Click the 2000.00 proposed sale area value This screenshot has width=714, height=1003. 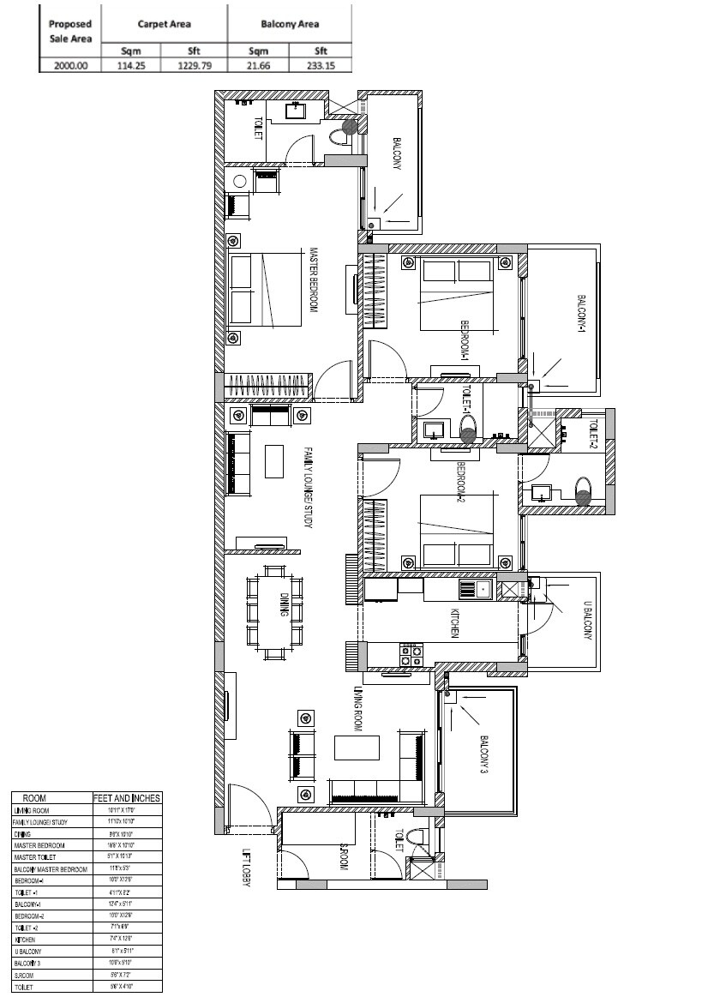click(69, 64)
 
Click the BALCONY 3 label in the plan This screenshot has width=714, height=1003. click(483, 754)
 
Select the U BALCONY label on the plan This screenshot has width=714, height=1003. click(588, 621)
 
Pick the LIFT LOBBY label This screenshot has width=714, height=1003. click(248, 870)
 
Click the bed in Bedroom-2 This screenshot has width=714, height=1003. click(457, 532)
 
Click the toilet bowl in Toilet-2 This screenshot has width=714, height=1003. click(584, 491)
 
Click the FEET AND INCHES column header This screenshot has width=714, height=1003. click(127, 798)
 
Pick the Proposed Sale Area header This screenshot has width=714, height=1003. click(69, 31)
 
